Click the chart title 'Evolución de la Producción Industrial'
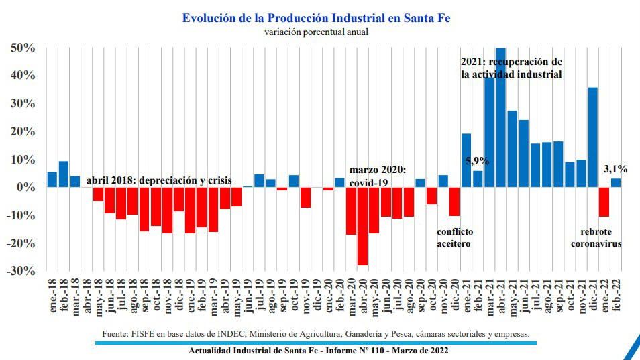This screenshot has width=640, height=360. click(x=316, y=18)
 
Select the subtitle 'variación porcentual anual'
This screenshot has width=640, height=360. click(x=316, y=32)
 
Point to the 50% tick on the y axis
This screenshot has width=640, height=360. click(x=22, y=48)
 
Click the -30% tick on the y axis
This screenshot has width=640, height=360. click(x=21, y=271)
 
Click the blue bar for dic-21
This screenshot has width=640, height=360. click(x=592, y=137)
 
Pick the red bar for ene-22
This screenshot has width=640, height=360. click(x=604, y=202)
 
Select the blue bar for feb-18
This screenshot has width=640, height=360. click(x=64, y=174)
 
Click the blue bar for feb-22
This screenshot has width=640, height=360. click(x=615, y=182)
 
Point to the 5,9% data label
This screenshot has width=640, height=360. click(x=477, y=161)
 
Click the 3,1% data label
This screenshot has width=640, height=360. click(x=615, y=170)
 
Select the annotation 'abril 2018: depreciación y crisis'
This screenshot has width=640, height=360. click(x=159, y=180)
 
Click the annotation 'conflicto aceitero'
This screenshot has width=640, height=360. click(x=454, y=237)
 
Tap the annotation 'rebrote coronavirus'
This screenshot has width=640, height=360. click(x=595, y=237)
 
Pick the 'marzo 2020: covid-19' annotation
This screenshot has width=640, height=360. click(x=378, y=176)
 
